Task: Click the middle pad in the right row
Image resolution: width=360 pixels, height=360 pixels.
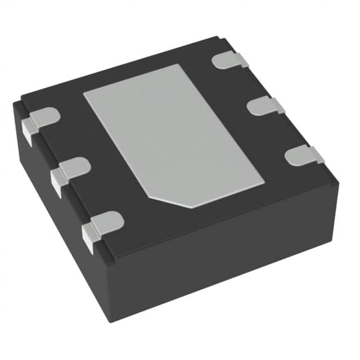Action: click(x=264, y=105)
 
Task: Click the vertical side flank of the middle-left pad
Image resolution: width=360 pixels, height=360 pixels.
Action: click(x=57, y=183)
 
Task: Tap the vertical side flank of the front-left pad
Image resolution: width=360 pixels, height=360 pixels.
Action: click(x=89, y=239)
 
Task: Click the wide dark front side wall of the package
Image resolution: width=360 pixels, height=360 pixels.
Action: click(x=225, y=259)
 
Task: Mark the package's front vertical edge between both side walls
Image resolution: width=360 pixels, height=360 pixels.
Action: click(x=110, y=292)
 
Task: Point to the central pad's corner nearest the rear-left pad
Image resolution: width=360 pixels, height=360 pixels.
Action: click(x=84, y=92)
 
